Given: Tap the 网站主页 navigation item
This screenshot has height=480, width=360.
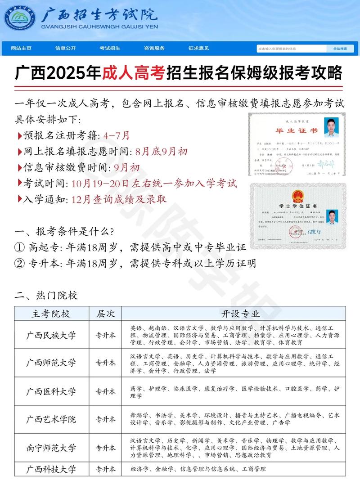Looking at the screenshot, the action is (x=21, y=48).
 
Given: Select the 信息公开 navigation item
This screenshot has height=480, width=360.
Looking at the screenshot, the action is (x=66, y=48).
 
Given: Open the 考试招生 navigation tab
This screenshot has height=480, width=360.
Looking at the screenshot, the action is (x=110, y=48).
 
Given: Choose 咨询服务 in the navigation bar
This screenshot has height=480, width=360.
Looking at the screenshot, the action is (x=154, y=48).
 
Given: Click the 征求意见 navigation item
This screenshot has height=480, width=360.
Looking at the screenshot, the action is (x=198, y=48).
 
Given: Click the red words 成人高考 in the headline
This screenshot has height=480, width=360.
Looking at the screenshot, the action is (x=134, y=73).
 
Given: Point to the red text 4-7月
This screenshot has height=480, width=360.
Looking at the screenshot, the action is (x=116, y=135).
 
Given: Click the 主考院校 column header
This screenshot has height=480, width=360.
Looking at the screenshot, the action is (x=51, y=314).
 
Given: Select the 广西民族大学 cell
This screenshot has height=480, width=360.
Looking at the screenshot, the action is (x=51, y=335).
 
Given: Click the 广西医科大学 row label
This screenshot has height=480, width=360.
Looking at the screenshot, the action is (x=51, y=391).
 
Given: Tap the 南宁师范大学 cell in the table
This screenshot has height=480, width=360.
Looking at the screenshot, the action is (x=51, y=448).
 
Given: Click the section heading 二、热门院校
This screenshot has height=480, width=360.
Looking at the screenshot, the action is (x=46, y=296).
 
